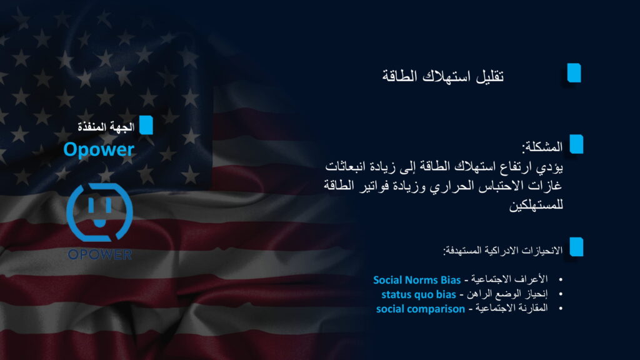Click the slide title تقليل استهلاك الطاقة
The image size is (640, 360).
point(443,76)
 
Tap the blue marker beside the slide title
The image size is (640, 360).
point(574,73)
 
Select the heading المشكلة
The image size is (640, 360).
point(542,147)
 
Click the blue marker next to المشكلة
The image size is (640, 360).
point(576,144)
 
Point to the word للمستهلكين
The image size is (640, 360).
point(536,205)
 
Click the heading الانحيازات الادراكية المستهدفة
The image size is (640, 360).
point(503,250)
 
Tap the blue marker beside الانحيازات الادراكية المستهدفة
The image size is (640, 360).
point(576,247)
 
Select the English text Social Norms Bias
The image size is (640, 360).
point(417,280)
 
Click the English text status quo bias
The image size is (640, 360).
point(418,294)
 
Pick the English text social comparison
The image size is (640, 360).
point(421,309)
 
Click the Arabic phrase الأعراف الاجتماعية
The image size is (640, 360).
point(509,279)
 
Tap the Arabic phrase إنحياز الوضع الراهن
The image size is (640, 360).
point(507,294)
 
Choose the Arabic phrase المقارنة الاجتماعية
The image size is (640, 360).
point(511,308)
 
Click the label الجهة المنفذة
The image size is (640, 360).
point(106,127)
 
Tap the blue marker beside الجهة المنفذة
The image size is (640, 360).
point(146,125)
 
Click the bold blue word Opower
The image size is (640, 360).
point(99,149)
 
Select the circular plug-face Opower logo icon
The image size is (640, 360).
point(99,212)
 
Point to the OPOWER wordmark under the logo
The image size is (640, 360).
point(99,255)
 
